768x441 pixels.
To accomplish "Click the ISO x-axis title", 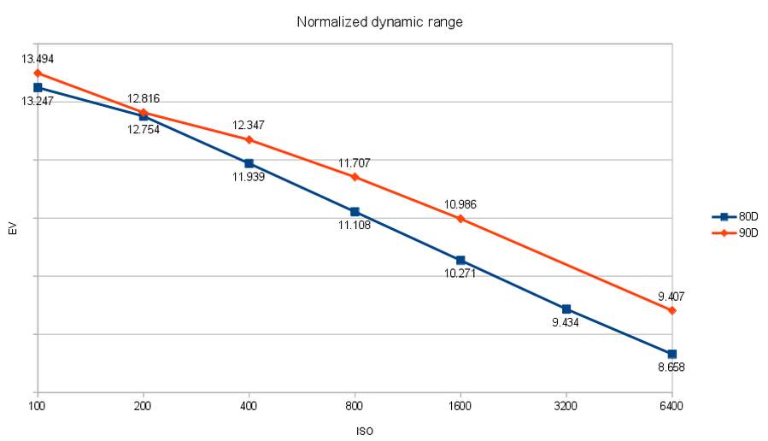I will (x=364, y=431).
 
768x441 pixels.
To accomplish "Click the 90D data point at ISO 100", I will (x=38, y=73).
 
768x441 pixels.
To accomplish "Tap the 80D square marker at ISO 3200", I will (x=566, y=309).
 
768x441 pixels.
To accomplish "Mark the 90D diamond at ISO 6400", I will (x=672, y=310).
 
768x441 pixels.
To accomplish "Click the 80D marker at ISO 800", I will (x=355, y=211).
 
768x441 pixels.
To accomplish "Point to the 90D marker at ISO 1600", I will (x=460, y=219).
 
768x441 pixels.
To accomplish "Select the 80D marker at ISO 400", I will (x=249, y=163).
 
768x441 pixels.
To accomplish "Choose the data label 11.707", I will (x=354, y=162).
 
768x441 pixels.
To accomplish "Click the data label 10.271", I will (x=460, y=274).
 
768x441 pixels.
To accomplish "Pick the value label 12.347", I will (x=249, y=126).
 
